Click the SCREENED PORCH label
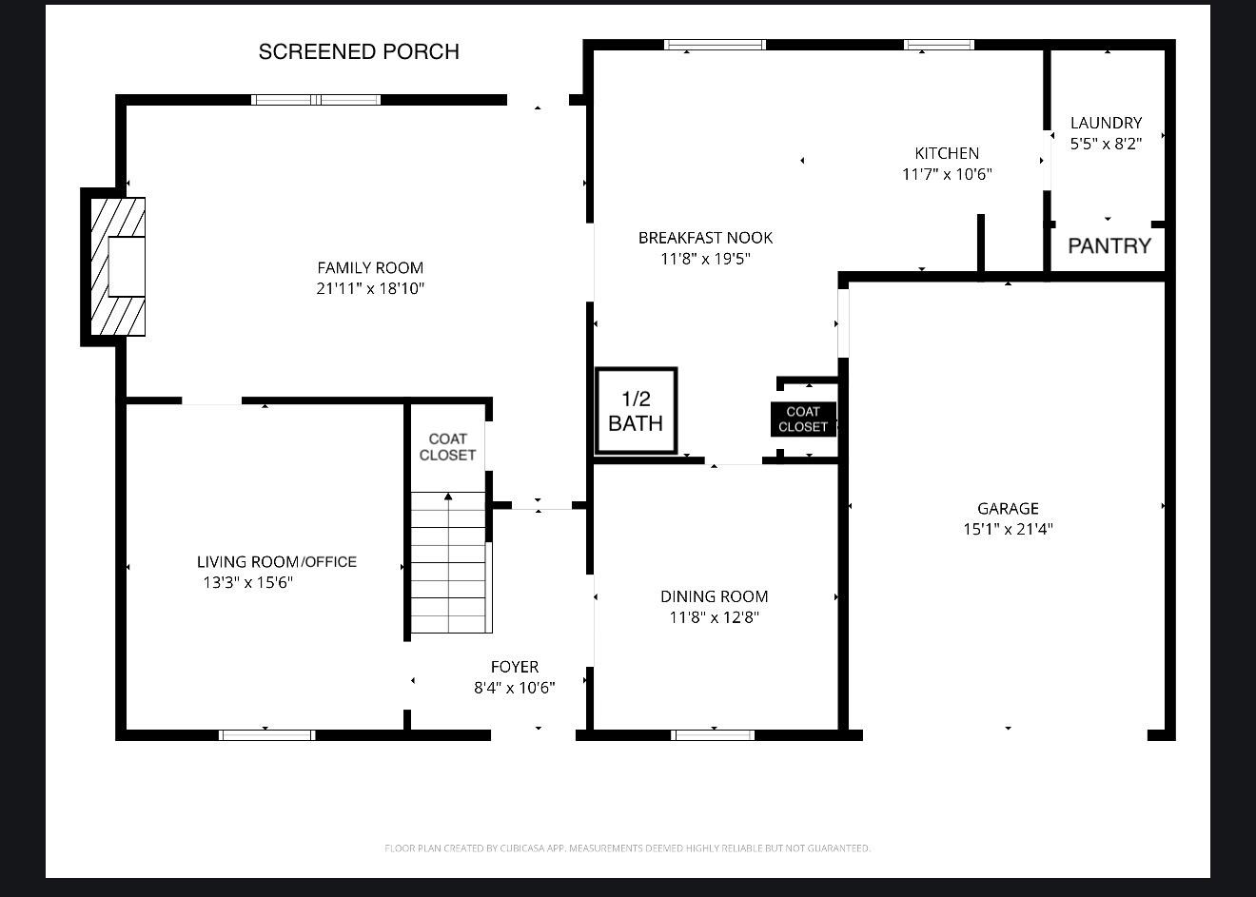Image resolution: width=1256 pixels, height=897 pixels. click(359, 51)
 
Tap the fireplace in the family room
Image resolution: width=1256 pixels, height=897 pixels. click(118, 267)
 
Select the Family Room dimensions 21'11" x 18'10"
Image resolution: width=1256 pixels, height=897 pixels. click(370, 288)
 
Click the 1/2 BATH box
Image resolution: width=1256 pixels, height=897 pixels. click(637, 410)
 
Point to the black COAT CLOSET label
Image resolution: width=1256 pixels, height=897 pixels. click(803, 419)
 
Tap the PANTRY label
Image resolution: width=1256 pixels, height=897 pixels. click(1109, 245)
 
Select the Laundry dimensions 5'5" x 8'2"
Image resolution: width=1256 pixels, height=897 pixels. click(1106, 144)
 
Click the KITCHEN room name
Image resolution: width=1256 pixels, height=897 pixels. click(947, 153)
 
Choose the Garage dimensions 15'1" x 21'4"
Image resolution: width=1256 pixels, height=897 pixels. click(1009, 529)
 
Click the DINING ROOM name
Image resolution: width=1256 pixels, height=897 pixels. click(715, 596)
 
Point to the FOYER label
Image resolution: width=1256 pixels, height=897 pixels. click(515, 667)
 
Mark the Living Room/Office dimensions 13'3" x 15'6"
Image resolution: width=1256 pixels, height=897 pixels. click(247, 582)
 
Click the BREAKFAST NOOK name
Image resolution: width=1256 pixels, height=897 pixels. click(705, 238)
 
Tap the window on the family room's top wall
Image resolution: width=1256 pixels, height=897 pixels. click(316, 100)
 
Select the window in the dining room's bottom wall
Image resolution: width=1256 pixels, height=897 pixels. click(713, 735)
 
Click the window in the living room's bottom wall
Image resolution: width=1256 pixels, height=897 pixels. click(266, 735)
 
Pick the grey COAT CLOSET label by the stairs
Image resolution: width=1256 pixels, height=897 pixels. click(447, 447)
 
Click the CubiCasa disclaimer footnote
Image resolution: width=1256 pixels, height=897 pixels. click(627, 848)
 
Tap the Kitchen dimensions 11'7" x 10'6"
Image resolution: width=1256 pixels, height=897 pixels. click(947, 174)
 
